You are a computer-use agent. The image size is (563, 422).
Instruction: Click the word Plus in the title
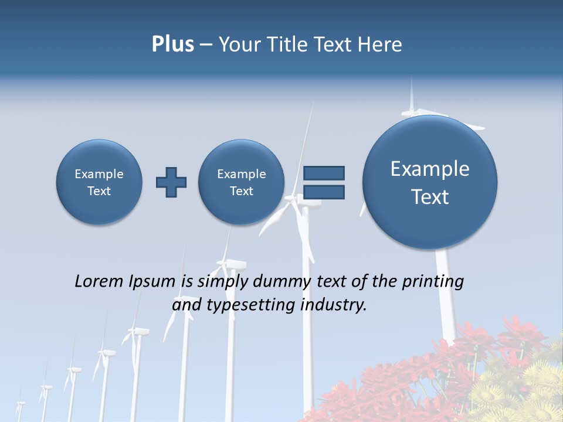pos(172,44)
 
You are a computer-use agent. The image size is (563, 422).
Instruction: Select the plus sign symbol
pos(171,182)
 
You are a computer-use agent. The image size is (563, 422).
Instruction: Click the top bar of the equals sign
pos(324,173)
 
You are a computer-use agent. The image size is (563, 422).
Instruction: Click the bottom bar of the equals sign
pos(324,192)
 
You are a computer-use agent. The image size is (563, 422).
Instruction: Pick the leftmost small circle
pos(99,182)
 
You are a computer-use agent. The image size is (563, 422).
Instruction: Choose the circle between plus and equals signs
pos(242,182)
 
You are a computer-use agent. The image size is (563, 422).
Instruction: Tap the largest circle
pos(430,182)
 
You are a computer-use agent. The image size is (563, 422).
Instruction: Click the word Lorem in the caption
pos(99,281)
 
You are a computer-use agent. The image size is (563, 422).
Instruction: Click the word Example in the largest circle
pos(430,169)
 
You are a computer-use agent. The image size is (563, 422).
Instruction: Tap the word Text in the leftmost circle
pos(99,191)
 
